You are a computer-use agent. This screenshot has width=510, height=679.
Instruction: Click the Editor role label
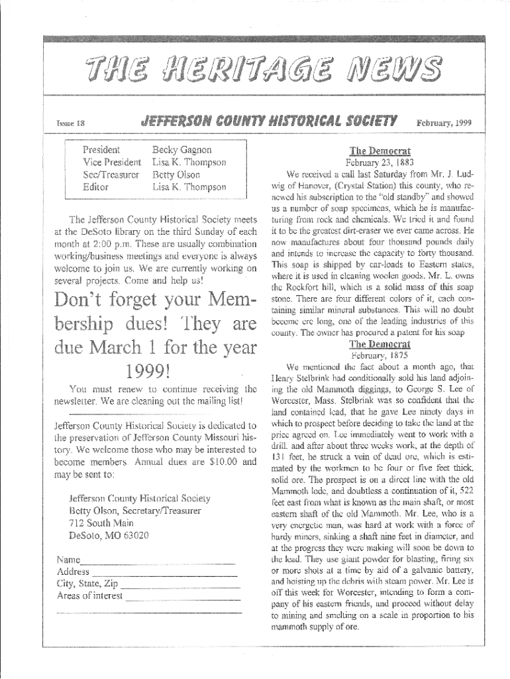[95, 188]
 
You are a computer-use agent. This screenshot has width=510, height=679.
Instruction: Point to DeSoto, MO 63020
[109, 535]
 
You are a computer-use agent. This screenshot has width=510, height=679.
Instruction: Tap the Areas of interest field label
[90, 595]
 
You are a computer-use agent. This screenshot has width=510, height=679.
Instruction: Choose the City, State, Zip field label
[87, 584]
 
